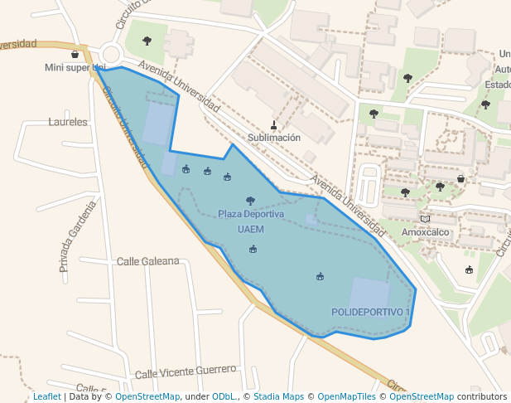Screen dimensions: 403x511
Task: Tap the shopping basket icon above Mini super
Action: [75, 54]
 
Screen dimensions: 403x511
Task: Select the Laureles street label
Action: [68, 122]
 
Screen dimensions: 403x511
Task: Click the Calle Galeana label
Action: [147, 261]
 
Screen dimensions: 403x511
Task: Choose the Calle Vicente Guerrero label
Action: [186, 372]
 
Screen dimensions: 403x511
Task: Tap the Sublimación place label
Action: [274, 138]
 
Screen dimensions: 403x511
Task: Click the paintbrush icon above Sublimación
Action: [274, 125]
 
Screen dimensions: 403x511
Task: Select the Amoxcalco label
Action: [426, 232]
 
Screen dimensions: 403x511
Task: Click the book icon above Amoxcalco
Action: [426, 219]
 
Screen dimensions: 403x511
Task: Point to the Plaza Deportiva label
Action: [251, 214]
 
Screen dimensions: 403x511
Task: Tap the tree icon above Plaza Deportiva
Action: [250, 201]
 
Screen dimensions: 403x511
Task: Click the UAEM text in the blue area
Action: [250, 229]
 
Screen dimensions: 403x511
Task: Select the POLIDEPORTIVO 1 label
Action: [370, 312]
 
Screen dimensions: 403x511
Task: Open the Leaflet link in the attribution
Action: [46, 397]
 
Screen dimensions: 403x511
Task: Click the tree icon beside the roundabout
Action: [147, 41]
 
